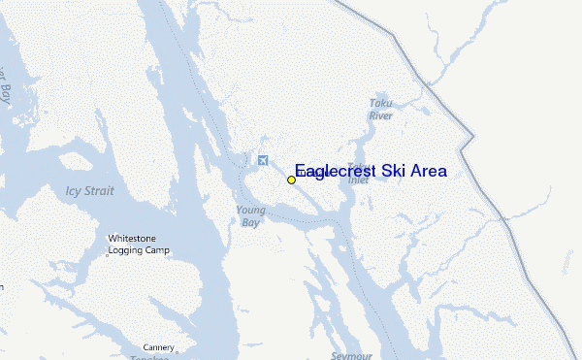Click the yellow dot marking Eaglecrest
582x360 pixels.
click(291, 180)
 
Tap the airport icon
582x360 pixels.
click(262, 160)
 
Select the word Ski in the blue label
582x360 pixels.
click(393, 171)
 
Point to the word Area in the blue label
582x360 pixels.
click(429, 171)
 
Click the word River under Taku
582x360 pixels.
click(380, 115)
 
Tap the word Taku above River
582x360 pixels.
click(379, 103)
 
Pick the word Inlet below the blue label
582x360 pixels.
click(358, 177)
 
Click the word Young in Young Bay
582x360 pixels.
click(249, 210)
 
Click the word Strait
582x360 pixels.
click(97, 191)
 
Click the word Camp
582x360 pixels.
click(157, 250)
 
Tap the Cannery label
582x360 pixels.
click(158, 347)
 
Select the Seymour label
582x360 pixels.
click(350, 355)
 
